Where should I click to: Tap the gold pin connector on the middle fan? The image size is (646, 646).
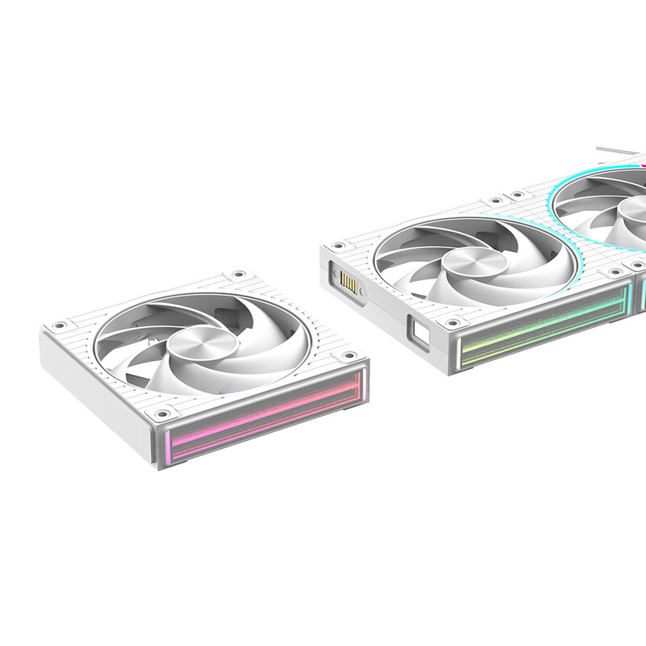point(349,283)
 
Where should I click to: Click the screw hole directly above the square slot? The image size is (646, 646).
point(453,322)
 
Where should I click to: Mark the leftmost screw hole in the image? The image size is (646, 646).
point(59,326)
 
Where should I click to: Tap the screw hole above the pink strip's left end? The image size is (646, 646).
point(162,413)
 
